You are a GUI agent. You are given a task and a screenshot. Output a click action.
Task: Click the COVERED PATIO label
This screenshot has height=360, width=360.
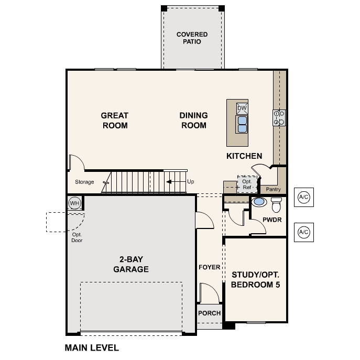[x=192, y=38]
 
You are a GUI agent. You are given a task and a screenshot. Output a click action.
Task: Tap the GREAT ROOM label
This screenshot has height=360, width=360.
[x=115, y=121]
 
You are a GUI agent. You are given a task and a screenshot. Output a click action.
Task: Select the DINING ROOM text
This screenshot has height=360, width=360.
[x=193, y=121]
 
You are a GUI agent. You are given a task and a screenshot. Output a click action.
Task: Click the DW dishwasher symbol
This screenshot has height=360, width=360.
[x=242, y=108]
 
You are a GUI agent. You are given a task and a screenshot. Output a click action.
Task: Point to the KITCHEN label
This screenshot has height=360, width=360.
[x=244, y=156]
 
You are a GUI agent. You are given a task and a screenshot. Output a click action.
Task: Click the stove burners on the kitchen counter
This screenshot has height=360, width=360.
[x=279, y=117]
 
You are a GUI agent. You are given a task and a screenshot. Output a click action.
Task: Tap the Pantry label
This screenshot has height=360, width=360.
[x=273, y=189]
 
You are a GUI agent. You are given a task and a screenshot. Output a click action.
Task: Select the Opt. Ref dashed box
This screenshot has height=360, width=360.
[x=246, y=184]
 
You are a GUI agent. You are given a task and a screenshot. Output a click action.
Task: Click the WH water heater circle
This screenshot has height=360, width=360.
[x=74, y=203]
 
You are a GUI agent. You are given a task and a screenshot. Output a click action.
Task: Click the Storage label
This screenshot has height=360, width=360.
[x=84, y=182]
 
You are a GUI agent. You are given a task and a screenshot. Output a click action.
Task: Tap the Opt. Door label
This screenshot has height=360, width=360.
[x=78, y=237]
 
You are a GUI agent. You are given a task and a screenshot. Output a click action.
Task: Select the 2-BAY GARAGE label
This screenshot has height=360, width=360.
[x=130, y=265]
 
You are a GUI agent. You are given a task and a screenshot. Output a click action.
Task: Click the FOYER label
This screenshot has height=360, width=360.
[x=209, y=267]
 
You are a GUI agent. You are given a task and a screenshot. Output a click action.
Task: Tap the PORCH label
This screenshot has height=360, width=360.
[x=209, y=313]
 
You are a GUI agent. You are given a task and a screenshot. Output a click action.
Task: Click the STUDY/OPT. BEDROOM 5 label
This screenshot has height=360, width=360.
[x=256, y=280]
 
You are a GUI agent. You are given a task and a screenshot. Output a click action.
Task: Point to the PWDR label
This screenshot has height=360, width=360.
[x=272, y=220]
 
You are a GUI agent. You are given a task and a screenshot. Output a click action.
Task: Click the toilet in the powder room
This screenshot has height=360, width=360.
[x=276, y=204]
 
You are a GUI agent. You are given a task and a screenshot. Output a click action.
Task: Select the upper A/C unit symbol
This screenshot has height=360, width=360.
[x=303, y=197]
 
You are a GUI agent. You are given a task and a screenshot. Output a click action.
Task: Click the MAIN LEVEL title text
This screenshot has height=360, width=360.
[x=92, y=347]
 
